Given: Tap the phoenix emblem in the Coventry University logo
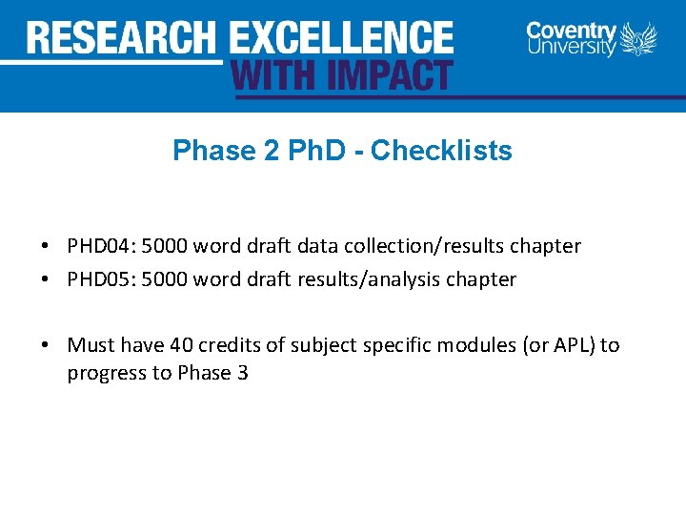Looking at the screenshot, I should [x=638, y=40].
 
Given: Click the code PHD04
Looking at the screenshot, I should [x=100, y=246].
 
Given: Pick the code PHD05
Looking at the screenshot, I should [x=100, y=279].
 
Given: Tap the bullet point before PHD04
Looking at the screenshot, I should [x=46, y=247].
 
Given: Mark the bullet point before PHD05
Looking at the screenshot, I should [x=46, y=280].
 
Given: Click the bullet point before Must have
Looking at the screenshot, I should [x=46, y=345].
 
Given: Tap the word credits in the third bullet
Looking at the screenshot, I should [x=229, y=345].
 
